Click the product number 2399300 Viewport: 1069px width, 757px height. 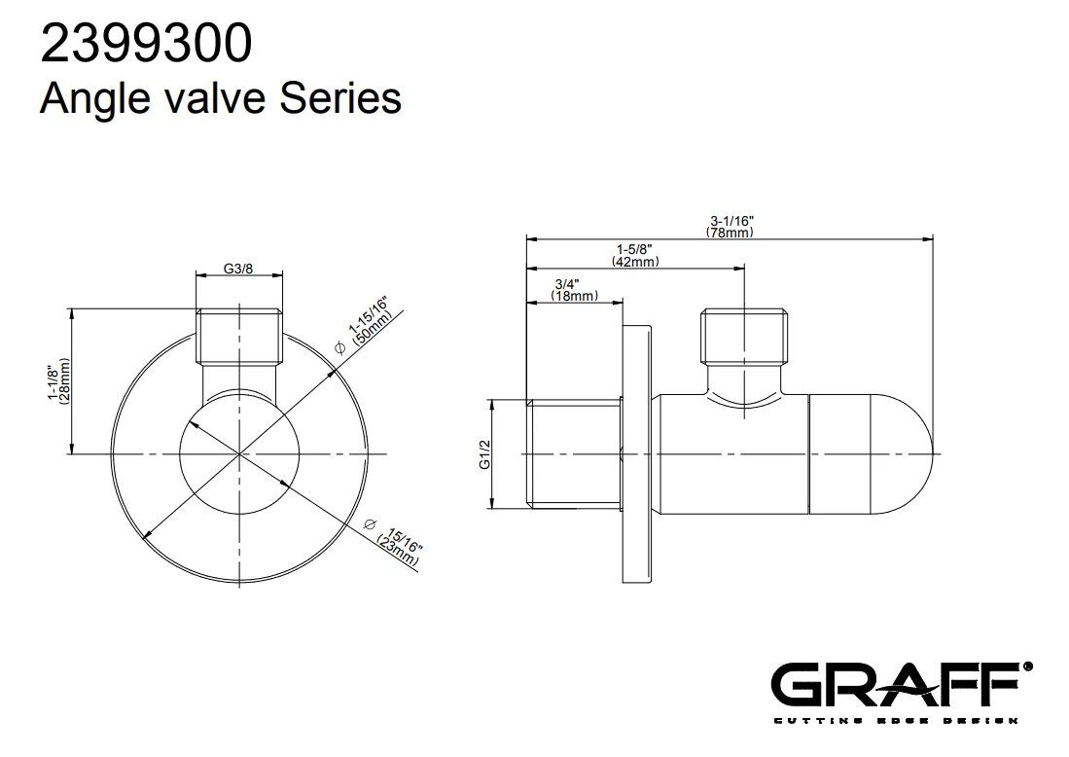tap(147, 44)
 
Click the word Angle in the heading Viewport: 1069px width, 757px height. tap(94, 99)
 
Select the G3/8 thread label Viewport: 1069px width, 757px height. tap(238, 269)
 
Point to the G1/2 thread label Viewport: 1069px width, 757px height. tap(484, 454)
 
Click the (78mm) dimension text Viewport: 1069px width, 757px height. tap(730, 233)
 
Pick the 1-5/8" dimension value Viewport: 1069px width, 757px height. tap(635, 250)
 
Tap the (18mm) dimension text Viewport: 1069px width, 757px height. tap(574, 295)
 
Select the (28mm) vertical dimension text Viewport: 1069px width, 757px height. tap(65, 382)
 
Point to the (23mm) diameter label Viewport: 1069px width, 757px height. tap(398, 551)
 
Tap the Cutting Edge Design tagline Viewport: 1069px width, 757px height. tap(895, 720)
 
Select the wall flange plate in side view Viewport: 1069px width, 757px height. tap(637, 453)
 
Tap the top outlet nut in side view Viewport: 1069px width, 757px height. tap(744, 336)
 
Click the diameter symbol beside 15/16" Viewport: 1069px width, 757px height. tap(371, 524)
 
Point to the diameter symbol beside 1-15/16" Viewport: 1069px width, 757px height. tap(340, 347)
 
